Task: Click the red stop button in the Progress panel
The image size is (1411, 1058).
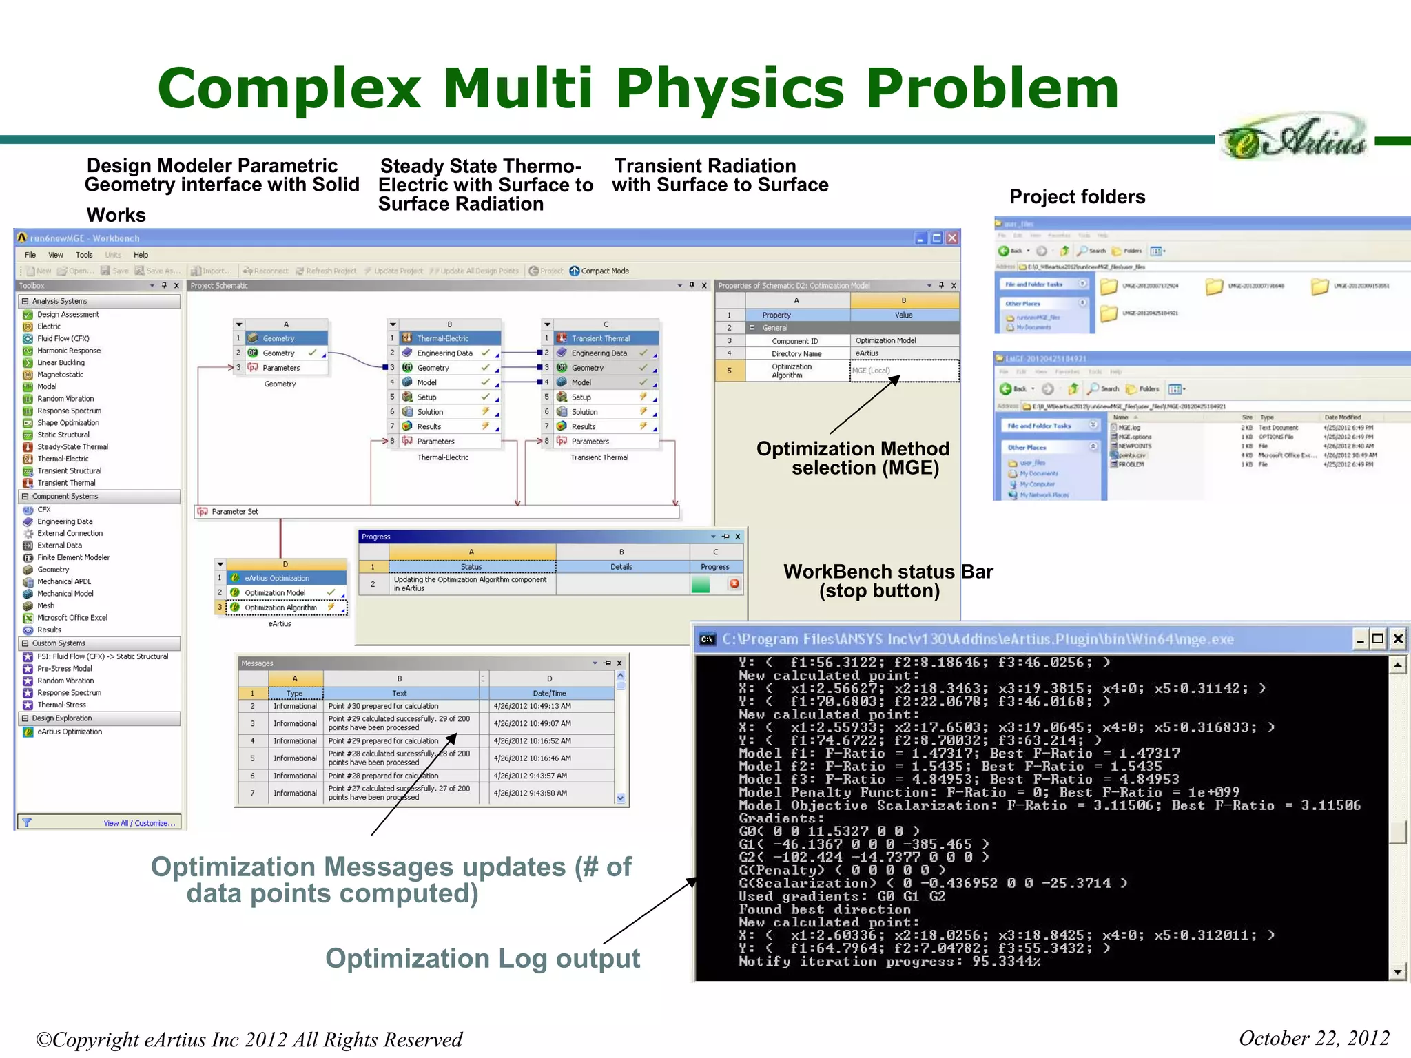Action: (734, 583)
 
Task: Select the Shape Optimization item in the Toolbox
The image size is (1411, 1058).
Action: (68, 423)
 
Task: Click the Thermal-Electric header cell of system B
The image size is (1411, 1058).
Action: (450, 338)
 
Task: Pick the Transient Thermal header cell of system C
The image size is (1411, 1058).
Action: (605, 338)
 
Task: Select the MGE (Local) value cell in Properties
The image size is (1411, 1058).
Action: (904, 371)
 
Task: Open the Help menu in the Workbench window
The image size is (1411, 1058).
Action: (141, 255)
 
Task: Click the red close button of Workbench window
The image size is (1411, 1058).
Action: (951, 238)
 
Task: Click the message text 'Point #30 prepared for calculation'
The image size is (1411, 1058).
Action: (384, 706)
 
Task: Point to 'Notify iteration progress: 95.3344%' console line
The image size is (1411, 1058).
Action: (889, 962)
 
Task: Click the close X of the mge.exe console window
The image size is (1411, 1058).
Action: (1397, 639)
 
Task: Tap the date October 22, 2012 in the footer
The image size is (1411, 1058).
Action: (1313, 1038)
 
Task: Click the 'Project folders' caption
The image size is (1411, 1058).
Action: (1077, 197)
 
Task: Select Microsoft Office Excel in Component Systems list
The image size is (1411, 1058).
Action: (72, 618)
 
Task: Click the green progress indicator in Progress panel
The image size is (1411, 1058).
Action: (700, 584)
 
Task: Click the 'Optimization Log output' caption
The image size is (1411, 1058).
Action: (482, 958)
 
